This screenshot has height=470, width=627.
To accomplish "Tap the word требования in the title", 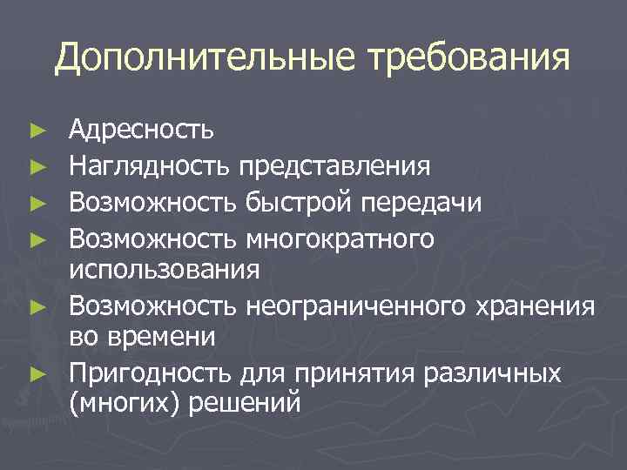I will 471,59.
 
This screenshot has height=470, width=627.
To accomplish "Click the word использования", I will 165,269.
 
